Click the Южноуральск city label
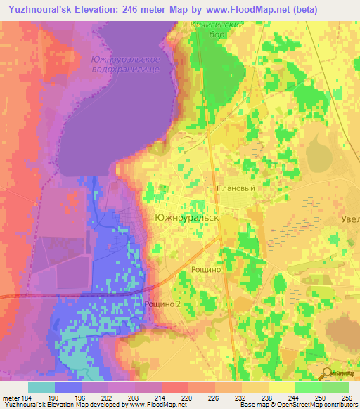tap(186, 219)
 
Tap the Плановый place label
tap(235, 188)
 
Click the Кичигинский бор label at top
tap(217, 29)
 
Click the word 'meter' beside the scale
tap(11, 398)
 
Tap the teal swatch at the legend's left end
tap(41, 387)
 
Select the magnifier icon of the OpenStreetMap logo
tap(328, 373)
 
